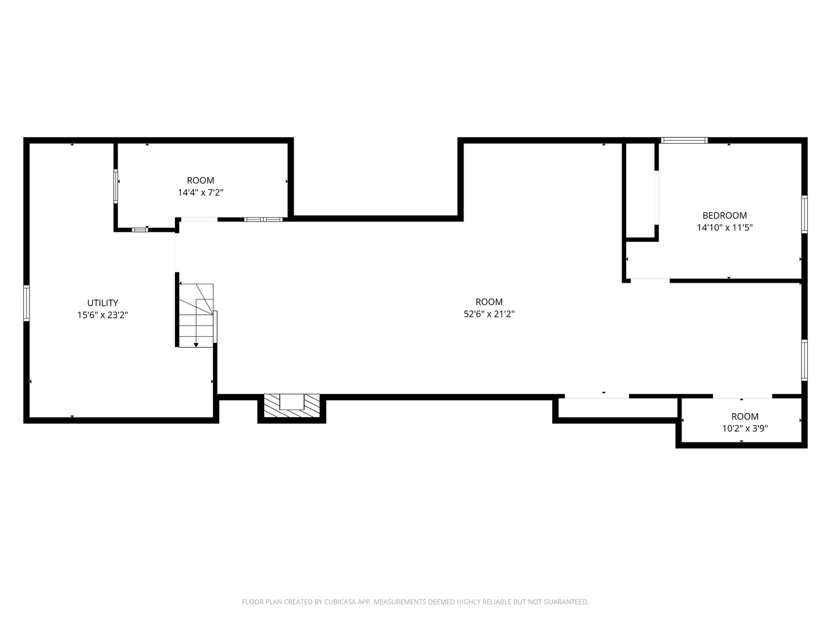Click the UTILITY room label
pyautogui.click(x=103, y=303)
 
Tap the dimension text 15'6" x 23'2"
pyautogui.click(x=103, y=315)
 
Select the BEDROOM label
pyautogui.click(x=724, y=216)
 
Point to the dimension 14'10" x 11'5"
pyautogui.click(x=724, y=228)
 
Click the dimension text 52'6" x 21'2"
pyautogui.click(x=489, y=314)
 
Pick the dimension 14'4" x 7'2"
pyautogui.click(x=200, y=193)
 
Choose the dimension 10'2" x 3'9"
pyautogui.click(x=744, y=429)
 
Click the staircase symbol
pyautogui.click(x=196, y=314)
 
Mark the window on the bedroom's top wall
pyautogui.click(x=684, y=140)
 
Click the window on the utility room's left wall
pyautogui.click(x=27, y=303)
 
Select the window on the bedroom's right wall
pyautogui.click(x=804, y=215)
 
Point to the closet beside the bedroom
pyautogui.click(x=639, y=190)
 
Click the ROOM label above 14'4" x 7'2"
pyautogui.click(x=200, y=181)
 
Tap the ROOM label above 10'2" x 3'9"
pyautogui.click(x=744, y=416)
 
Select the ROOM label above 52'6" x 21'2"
pyautogui.click(x=489, y=302)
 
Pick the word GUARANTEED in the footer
pyautogui.click(x=566, y=602)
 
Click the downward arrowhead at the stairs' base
pyautogui.click(x=196, y=345)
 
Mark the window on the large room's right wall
pyautogui.click(x=804, y=360)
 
